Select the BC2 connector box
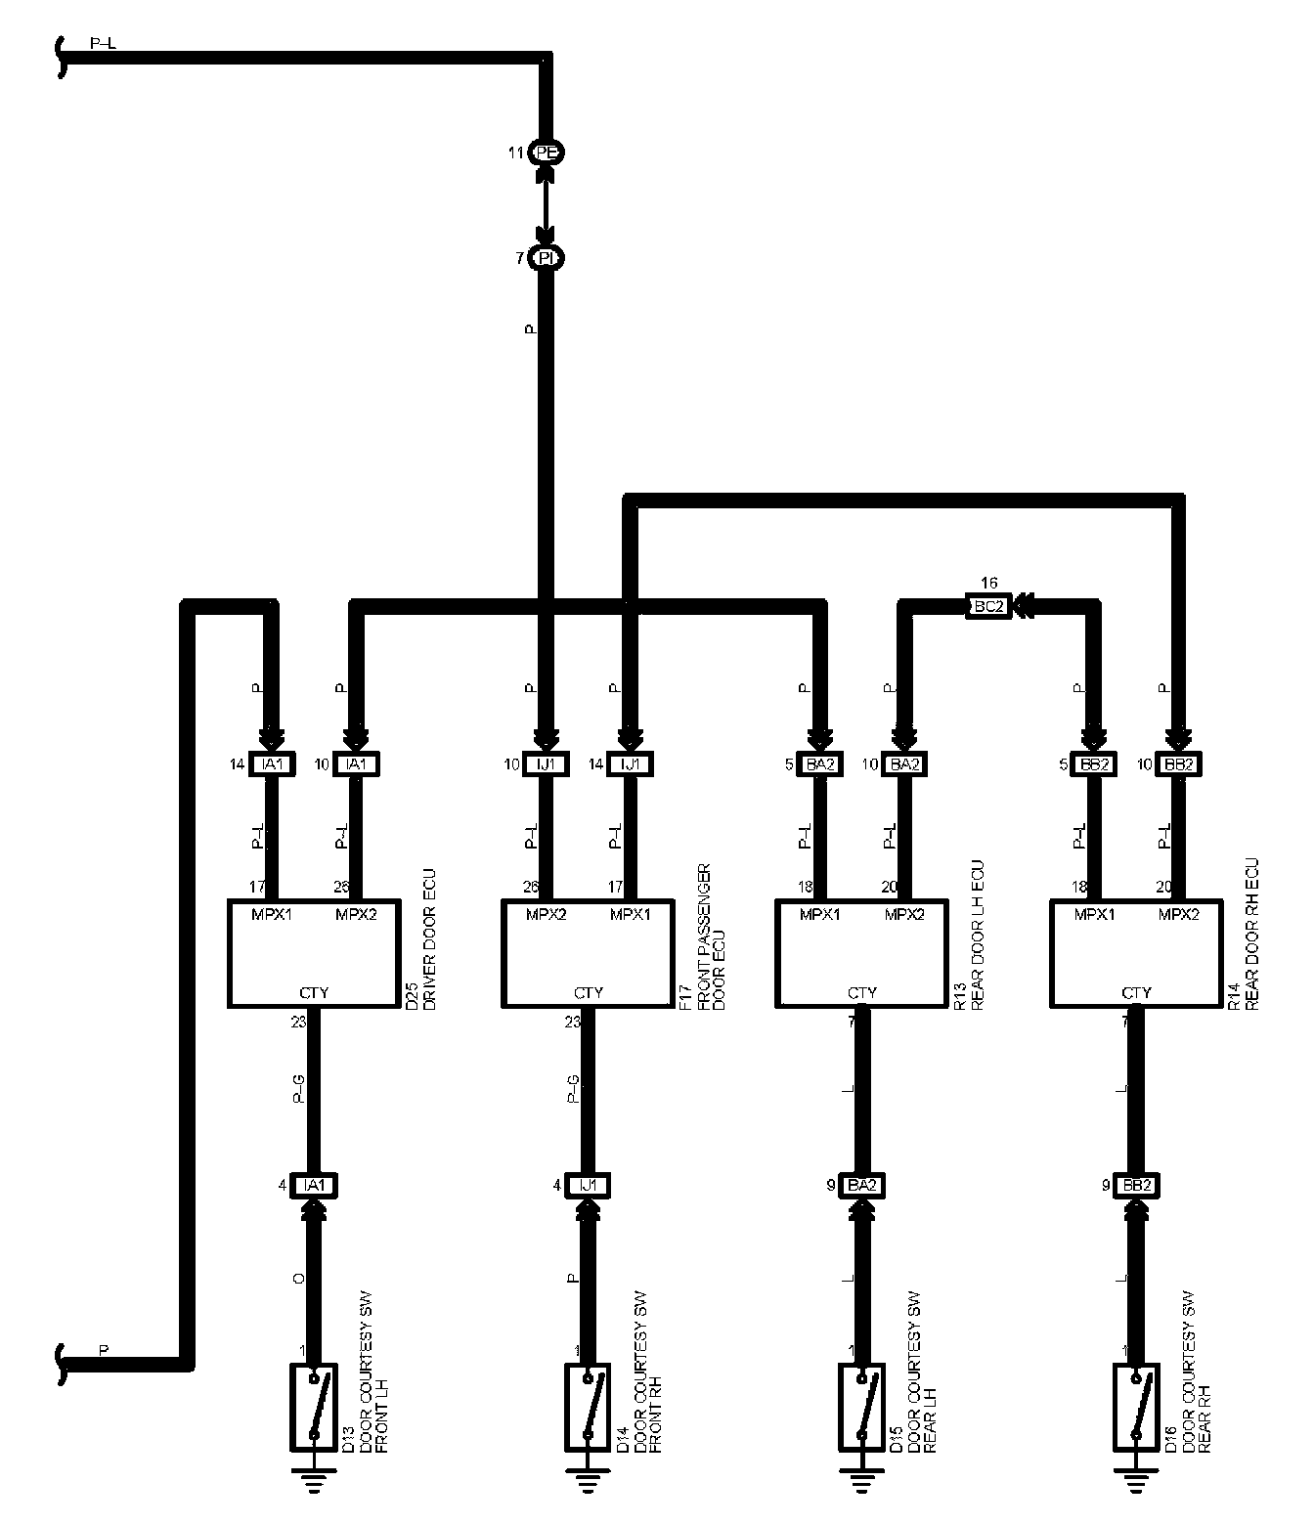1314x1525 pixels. click(987, 605)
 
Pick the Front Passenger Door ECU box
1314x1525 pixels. click(589, 953)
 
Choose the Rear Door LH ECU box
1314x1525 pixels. click(862, 953)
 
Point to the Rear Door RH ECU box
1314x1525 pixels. click(1136, 953)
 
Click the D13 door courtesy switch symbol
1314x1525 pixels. click(314, 1407)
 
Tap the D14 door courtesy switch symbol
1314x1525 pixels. click(588, 1407)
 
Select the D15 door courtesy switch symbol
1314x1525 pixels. click(861, 1407)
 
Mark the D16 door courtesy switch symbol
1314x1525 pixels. click(1135, 1407)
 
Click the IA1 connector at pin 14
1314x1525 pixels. click(272, 764)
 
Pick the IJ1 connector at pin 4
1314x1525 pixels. click(588, 1186)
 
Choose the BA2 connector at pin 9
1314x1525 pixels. click(861, 1186)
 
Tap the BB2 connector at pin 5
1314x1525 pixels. click(1094, 764)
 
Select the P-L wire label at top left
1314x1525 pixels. click(103, 44)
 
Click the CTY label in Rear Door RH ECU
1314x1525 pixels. click(1136, 992)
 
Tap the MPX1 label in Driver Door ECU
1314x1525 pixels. click(272, 915)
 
